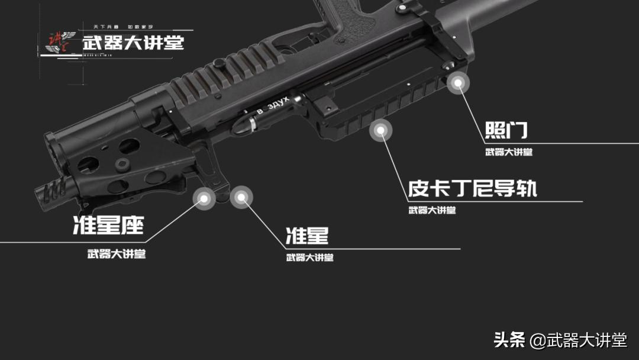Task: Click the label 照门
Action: [x=506, y=130]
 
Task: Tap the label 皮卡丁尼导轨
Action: [x=472, y=188]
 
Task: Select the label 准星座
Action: [x=108, y=225]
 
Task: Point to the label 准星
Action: [x=306, y=236]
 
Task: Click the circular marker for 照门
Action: [x=457, y=83]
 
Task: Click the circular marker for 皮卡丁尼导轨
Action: [x=381, y=131]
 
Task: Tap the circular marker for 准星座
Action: [x=205, y=199]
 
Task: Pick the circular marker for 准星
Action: [x=241, y=198]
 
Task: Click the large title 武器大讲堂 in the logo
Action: [x=133, y=43]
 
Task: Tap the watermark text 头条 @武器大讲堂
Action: [x=560, y=340]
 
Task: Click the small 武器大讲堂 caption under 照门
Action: [x=508, y=152]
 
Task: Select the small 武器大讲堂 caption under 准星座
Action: [x=117, y=254]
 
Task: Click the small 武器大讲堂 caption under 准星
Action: [x=309, y=258]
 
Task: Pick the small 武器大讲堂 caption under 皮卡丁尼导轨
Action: [x=432, y=210]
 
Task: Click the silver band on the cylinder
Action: [x=253, y=124]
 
